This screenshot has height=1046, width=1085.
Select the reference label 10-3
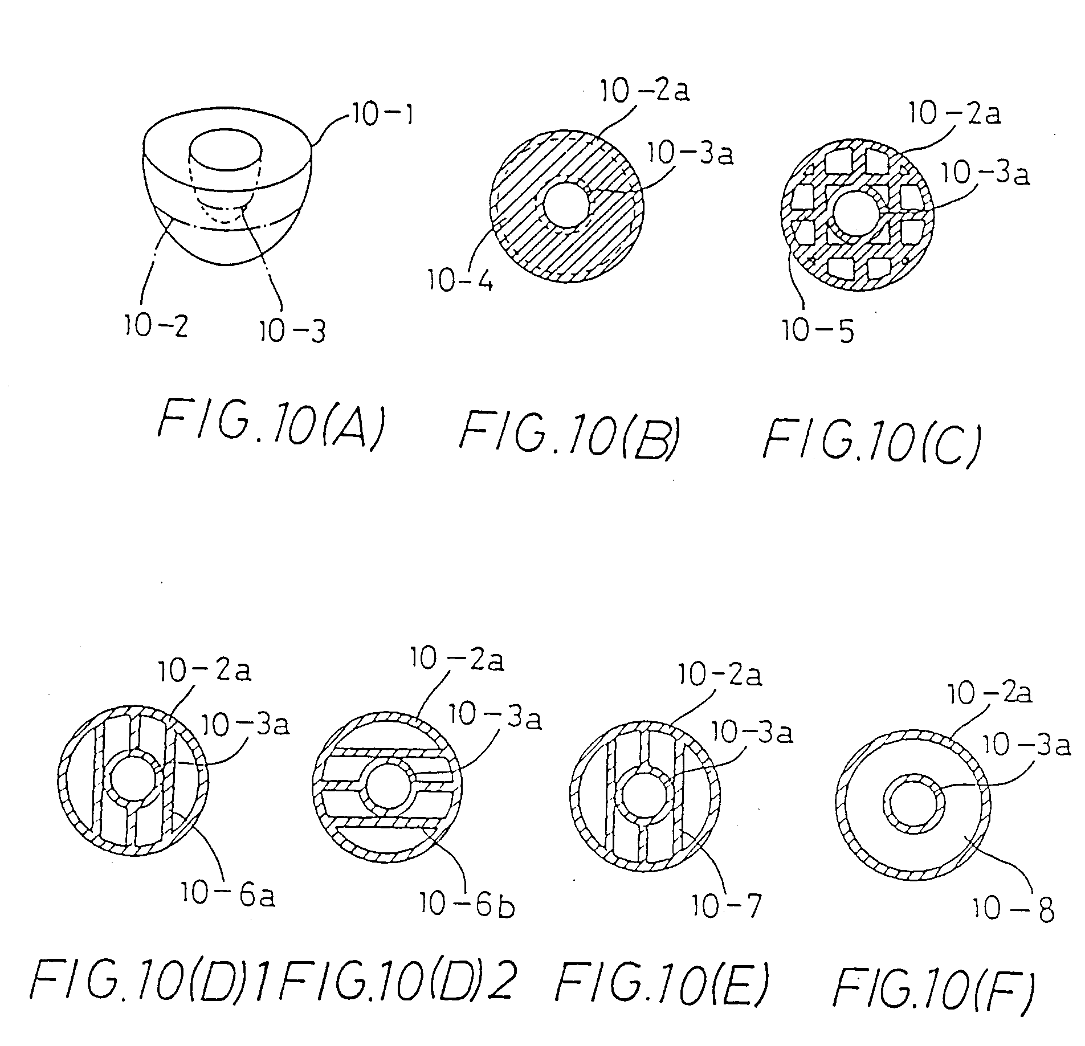[x=292, y=331]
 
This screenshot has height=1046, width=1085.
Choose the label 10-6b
[x=467, y=904]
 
